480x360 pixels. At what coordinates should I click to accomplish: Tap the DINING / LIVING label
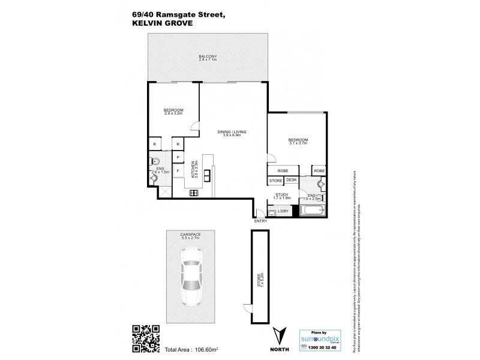point(232,133)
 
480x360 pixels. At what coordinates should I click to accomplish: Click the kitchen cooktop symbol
point(194,193)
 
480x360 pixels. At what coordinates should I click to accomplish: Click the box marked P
point(178,158)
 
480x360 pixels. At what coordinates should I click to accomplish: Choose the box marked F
point(178,171)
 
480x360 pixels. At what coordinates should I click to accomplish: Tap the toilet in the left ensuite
point(154,161)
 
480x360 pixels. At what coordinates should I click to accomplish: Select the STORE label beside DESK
point(275,180)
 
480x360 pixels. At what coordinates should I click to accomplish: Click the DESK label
point(291,180)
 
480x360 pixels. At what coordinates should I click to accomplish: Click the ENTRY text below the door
point(261,221)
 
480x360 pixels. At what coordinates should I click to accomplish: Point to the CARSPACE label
point(190,234)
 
